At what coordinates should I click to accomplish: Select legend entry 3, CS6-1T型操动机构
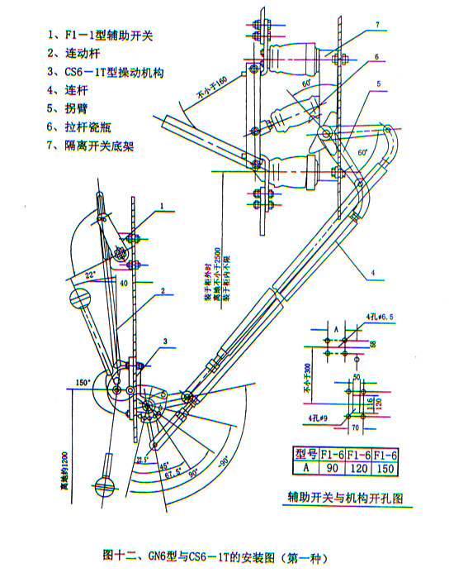pyautogui.click(x=106, y=73)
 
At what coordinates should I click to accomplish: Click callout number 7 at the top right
pyautogui.click(x=376, y=26)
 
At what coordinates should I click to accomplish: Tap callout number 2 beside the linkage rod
pyautogui.click(x=163, y=291)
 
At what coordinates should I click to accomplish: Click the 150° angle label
pyautogui.click(x=81, y=382)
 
